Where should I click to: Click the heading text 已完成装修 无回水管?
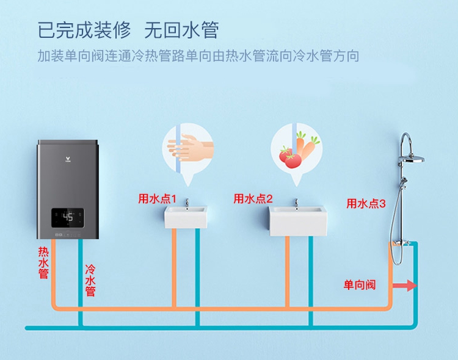click(x=128, y=30)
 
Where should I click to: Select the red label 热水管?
click(x=43, y=262)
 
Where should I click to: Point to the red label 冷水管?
click(x=90, y=280)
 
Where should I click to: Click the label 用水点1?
click(x=157, y=199)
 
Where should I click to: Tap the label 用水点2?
click(x=253, y=199)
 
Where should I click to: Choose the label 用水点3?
click(x=366, y=204)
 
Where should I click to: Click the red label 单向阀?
click(x=359, y=285)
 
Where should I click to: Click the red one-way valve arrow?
click(x=404, y=286)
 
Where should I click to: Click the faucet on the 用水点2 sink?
click(x=296, y=203)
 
